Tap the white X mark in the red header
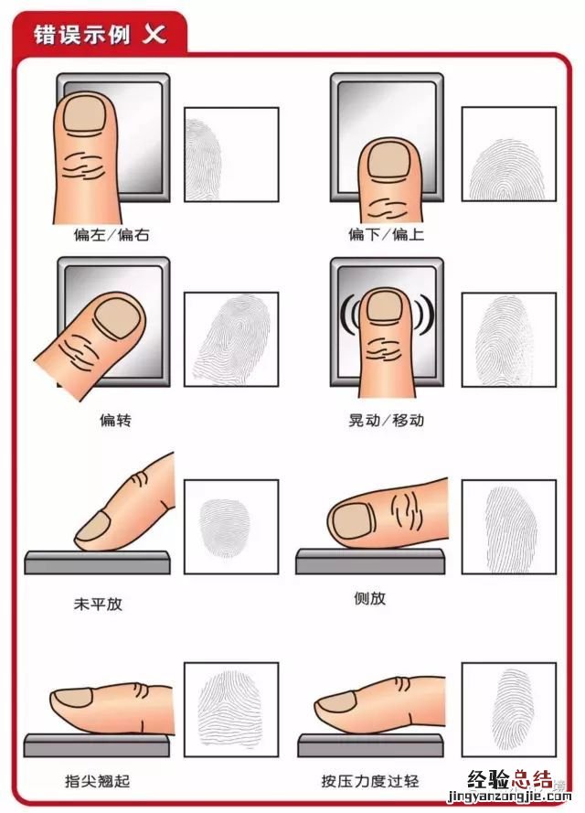pos(154,35)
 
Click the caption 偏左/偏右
pos(112,234)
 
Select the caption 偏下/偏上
pos(386,234)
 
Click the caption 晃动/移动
pos(386,421)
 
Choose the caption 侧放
pos(369,598)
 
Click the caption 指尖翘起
pos(97,781)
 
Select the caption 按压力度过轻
pos(369,781)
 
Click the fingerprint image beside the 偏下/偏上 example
pos(508,155)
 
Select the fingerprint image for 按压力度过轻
pos(508,710)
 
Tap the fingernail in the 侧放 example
pos(348,521)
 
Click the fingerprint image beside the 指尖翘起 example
pos(231,710)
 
